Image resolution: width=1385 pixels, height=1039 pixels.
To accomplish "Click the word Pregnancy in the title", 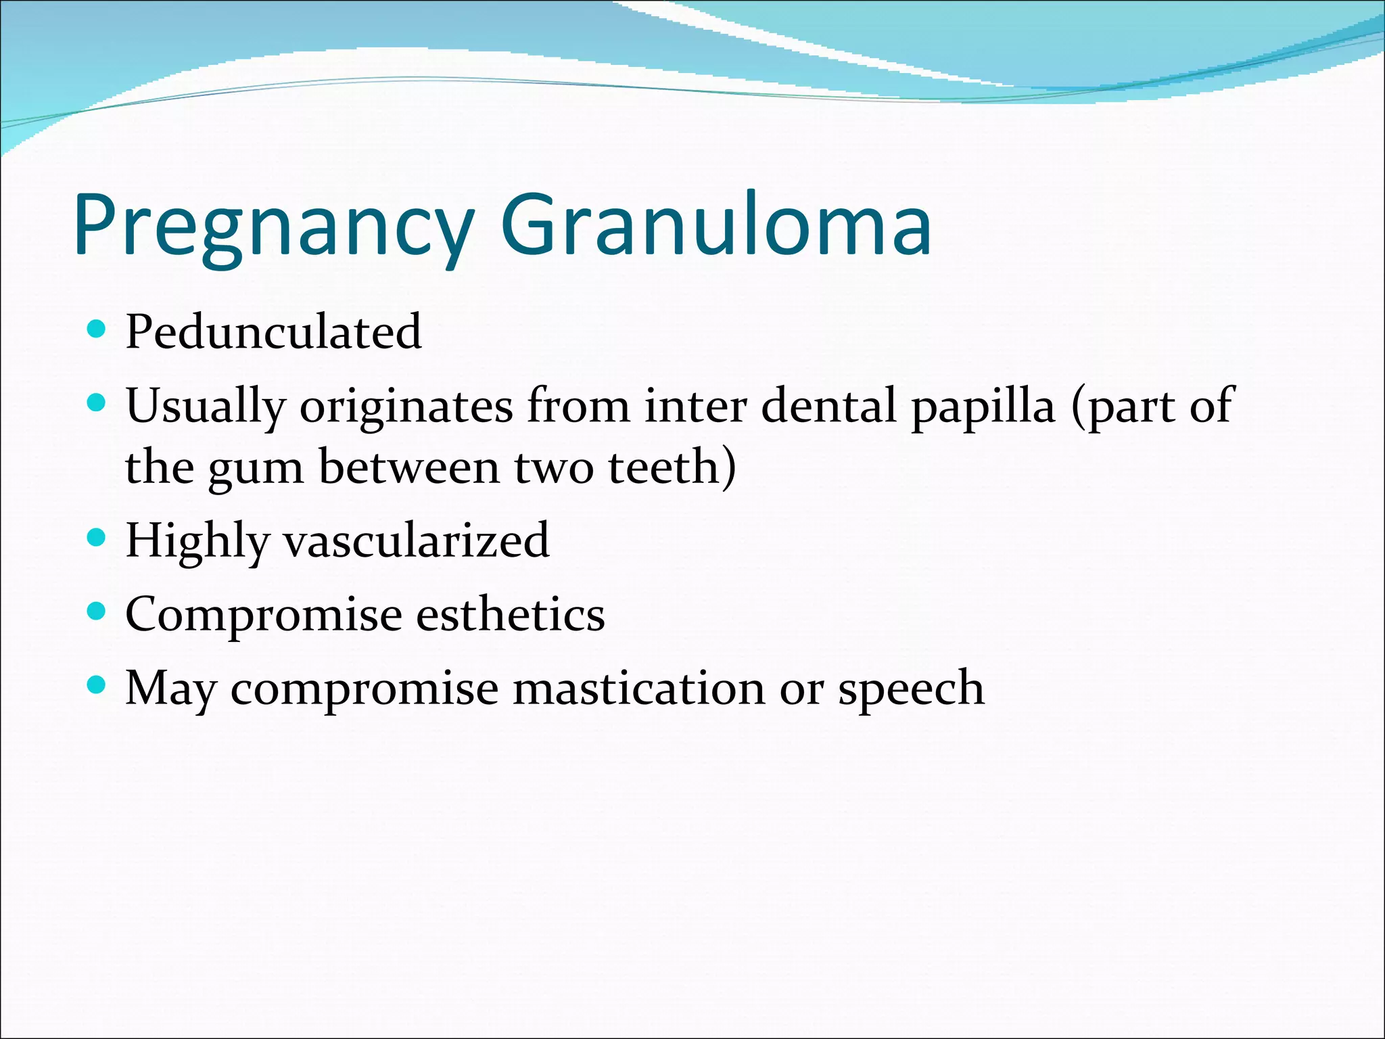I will [x=274, y=227].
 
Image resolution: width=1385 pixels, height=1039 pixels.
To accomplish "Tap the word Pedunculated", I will [x=273, y=332].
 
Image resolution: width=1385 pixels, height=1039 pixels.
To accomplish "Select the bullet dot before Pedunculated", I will [x=97, y=329].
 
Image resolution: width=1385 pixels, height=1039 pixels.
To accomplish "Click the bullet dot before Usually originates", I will [x=97, y=404].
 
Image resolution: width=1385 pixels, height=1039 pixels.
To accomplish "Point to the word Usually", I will [x=206, y=407].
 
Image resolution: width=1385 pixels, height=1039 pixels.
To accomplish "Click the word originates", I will [x=406, y=406].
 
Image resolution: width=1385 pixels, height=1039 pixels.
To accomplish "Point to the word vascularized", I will [x=416, y=541].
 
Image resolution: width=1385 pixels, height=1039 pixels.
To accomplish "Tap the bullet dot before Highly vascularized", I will [x=97, y=538].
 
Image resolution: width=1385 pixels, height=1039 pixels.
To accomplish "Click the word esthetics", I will [x=510, y=614].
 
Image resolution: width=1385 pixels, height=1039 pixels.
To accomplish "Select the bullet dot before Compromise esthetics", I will [x=97, y=612].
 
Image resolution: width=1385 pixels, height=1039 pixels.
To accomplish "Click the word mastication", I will [x=638, y=688].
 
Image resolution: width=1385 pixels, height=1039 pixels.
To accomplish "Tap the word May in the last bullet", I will [x=170, y=689].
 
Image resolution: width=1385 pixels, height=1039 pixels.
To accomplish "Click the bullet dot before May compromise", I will [x=97, y=686].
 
